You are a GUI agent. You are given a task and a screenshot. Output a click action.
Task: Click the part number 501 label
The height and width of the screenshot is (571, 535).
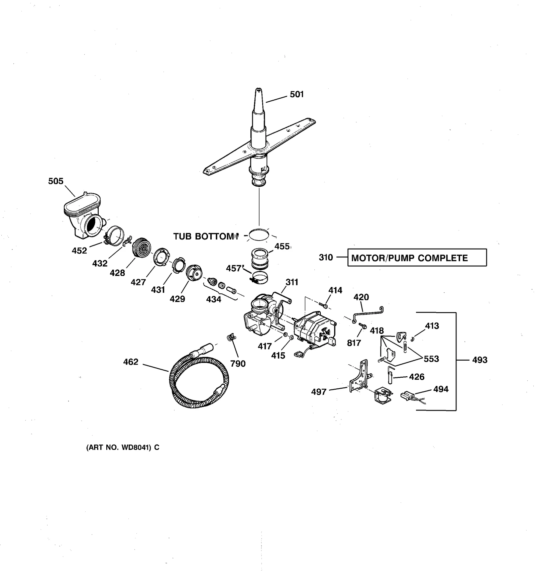(x=297, y=95)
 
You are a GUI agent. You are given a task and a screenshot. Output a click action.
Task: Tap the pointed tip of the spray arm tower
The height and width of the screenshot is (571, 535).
(x=258, y=91)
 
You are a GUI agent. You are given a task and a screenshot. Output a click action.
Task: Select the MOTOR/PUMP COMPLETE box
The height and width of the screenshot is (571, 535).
(x=417, y=258)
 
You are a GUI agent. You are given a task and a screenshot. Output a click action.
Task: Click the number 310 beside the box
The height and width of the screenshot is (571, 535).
(x=326, y=258)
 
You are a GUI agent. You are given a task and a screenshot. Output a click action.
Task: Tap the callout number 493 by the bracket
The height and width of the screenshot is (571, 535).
(x=479, y=360)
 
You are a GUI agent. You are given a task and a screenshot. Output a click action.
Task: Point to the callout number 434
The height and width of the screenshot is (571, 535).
(x=213, y=299)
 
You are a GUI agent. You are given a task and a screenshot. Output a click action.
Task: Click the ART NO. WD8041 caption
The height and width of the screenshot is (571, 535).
(x=123, y=448)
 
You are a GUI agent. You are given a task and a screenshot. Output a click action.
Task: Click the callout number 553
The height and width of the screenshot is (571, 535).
(x=431, y=359)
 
